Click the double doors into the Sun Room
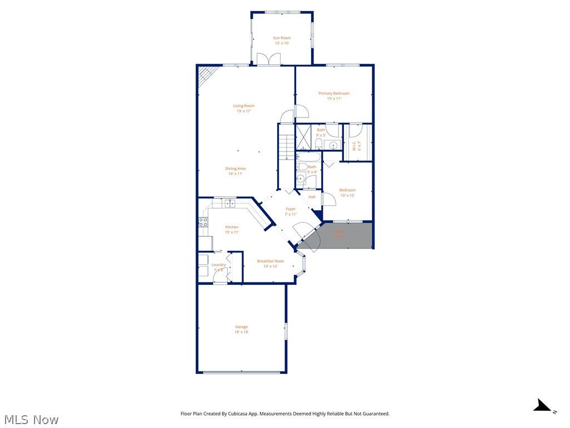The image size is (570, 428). tap(269, 59)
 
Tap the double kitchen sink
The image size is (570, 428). tap(230, 203)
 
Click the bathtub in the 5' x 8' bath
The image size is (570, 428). tap(306, 157)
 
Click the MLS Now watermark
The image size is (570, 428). tap(31, 419)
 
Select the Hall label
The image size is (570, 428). tap(312, 197)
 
